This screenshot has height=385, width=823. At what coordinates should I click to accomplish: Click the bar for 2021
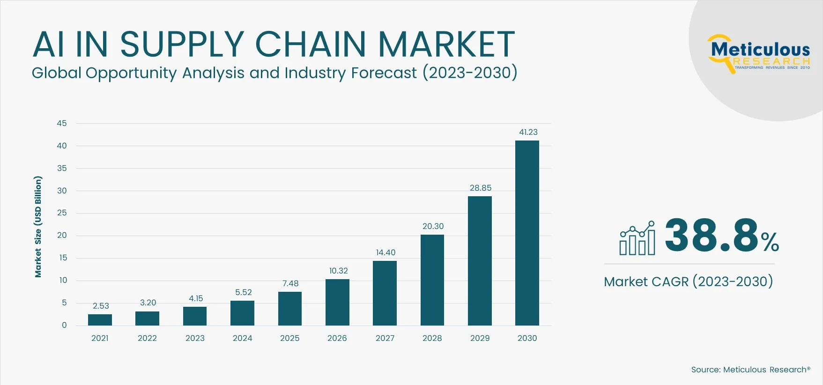tap(100, 320)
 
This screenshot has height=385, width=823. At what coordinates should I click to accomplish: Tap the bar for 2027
tap(385, 293)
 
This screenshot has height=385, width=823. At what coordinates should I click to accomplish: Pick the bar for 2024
tap(242, 313)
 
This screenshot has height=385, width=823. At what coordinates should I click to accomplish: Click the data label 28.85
tap(481, 188)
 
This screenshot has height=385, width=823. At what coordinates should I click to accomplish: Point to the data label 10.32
tap(338, 271)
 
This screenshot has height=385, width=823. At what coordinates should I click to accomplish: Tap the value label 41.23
tap(528, 132)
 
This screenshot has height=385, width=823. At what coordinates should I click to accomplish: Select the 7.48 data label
tap(290, 283)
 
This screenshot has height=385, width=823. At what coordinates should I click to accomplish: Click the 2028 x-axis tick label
tap(432, 338)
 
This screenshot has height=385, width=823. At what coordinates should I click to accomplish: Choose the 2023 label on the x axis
tap(195, 338)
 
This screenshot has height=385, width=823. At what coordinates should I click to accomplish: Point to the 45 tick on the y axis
tap(62, 123)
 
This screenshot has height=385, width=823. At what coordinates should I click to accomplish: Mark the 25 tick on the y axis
tap(62, 213)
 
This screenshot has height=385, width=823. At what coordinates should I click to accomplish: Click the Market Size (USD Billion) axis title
tap(38, 227)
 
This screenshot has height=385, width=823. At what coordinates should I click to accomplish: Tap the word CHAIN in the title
tap(310, 44)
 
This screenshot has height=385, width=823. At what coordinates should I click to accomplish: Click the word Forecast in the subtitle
tap(384, 73)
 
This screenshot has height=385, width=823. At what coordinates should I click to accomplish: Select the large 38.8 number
tap(711, 235)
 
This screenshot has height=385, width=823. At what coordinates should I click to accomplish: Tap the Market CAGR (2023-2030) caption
tap(688, 281)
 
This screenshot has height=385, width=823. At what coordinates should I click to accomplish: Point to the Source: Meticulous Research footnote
tap(750, 370)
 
